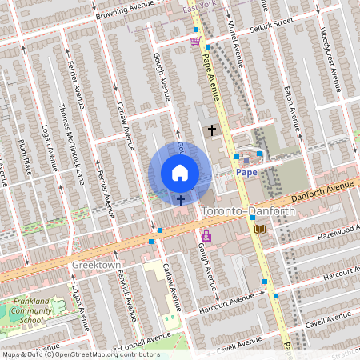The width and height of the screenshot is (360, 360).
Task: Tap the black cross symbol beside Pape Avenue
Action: tap(212, 130)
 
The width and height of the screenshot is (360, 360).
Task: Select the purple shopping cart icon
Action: tap(195, 40)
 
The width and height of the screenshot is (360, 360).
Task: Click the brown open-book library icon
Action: tap(258, 230)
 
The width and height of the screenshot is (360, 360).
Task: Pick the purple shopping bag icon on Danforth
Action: tap(206, 236)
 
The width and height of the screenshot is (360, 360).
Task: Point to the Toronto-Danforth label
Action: tap(249, 210)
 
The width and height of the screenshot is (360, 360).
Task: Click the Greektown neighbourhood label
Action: tap(96, 264)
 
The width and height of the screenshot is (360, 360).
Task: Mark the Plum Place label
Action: tap(26, 155)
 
